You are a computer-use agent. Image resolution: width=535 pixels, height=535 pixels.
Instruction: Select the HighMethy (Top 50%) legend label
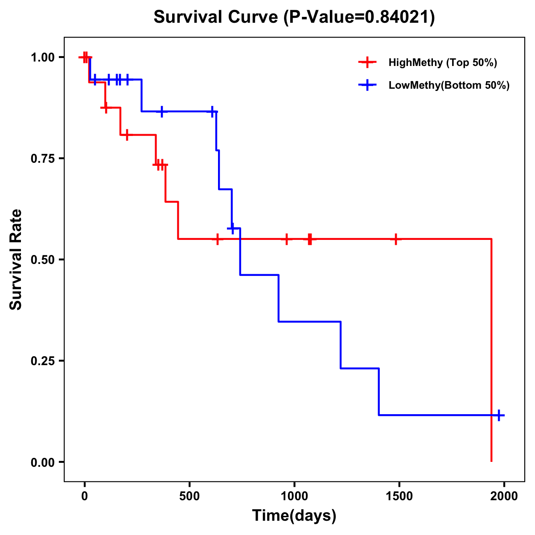(443, 62)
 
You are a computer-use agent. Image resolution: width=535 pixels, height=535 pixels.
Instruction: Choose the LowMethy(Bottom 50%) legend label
(449, 85)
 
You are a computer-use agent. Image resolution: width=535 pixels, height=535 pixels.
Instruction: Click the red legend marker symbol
(367, 62)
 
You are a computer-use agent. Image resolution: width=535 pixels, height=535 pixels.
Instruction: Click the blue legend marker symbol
(367, 85)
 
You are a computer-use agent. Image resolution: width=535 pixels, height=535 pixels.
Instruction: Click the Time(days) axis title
(294, 516)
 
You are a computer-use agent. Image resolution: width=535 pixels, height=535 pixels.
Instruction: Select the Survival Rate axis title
(16, 259)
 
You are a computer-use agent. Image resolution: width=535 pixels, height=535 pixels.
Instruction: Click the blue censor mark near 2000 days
(499, 415)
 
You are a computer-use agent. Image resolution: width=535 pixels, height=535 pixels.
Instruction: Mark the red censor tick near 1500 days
(395, 239)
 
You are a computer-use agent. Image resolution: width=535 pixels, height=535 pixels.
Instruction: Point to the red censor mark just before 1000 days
(287, 239)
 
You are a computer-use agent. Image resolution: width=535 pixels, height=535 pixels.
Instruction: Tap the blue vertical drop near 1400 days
(379, 391)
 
